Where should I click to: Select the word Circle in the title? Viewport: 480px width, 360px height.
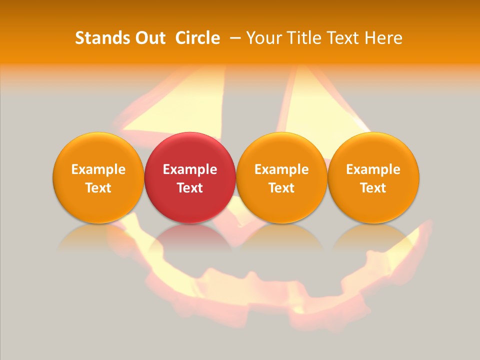pos(197,38)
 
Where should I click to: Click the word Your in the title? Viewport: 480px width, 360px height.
pos(264,38)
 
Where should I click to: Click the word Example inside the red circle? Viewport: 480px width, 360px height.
pos(190,169)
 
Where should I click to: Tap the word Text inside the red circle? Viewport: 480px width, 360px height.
pos(190,188)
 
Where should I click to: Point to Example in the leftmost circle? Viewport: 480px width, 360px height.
pos(98,169)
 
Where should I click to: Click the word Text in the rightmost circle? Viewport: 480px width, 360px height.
pos(373,188)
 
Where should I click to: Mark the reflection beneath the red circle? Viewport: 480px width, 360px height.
pos(190,237)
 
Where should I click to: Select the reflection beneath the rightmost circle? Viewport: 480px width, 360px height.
pos(373,237)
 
